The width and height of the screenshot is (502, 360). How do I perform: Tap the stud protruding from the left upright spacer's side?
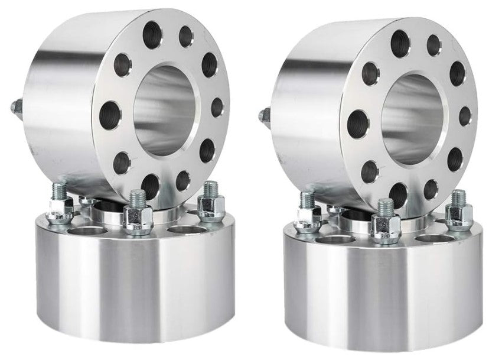pos(14,108)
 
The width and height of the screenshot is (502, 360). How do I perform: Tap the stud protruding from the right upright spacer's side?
pos(262,112)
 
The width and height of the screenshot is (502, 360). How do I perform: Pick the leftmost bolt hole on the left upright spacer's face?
pos(110,112)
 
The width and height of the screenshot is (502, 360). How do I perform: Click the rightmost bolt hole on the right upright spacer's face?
pos(465,115)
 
